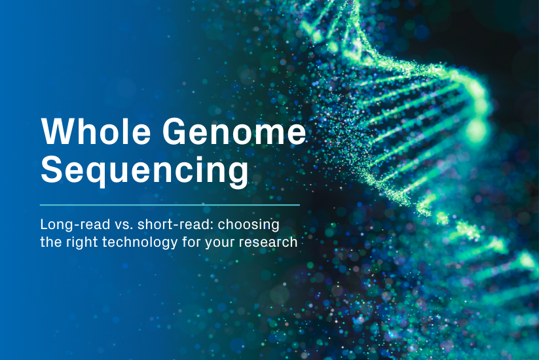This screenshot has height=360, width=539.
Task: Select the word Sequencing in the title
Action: pos(145,170)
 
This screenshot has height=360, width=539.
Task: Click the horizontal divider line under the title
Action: pos(170,205)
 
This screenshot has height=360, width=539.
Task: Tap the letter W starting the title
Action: pos(55,132)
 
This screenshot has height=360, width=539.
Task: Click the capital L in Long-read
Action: pos(44,225)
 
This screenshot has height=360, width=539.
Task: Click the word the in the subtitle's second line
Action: pos(49,242)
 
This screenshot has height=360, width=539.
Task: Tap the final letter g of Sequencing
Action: pos(238,173)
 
